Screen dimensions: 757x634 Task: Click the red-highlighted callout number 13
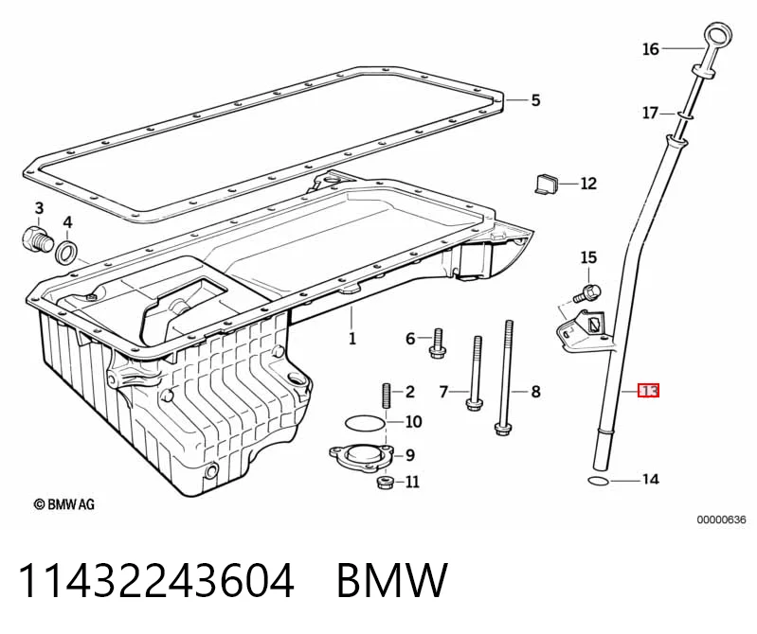[648, 390]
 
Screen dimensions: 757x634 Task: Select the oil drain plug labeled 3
[38, 239]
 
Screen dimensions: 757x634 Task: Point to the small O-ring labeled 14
[598, 481]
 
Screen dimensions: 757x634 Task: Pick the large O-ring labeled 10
[366, 422]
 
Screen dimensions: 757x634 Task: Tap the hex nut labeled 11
[384, 483]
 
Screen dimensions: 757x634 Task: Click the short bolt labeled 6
[437, 343]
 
